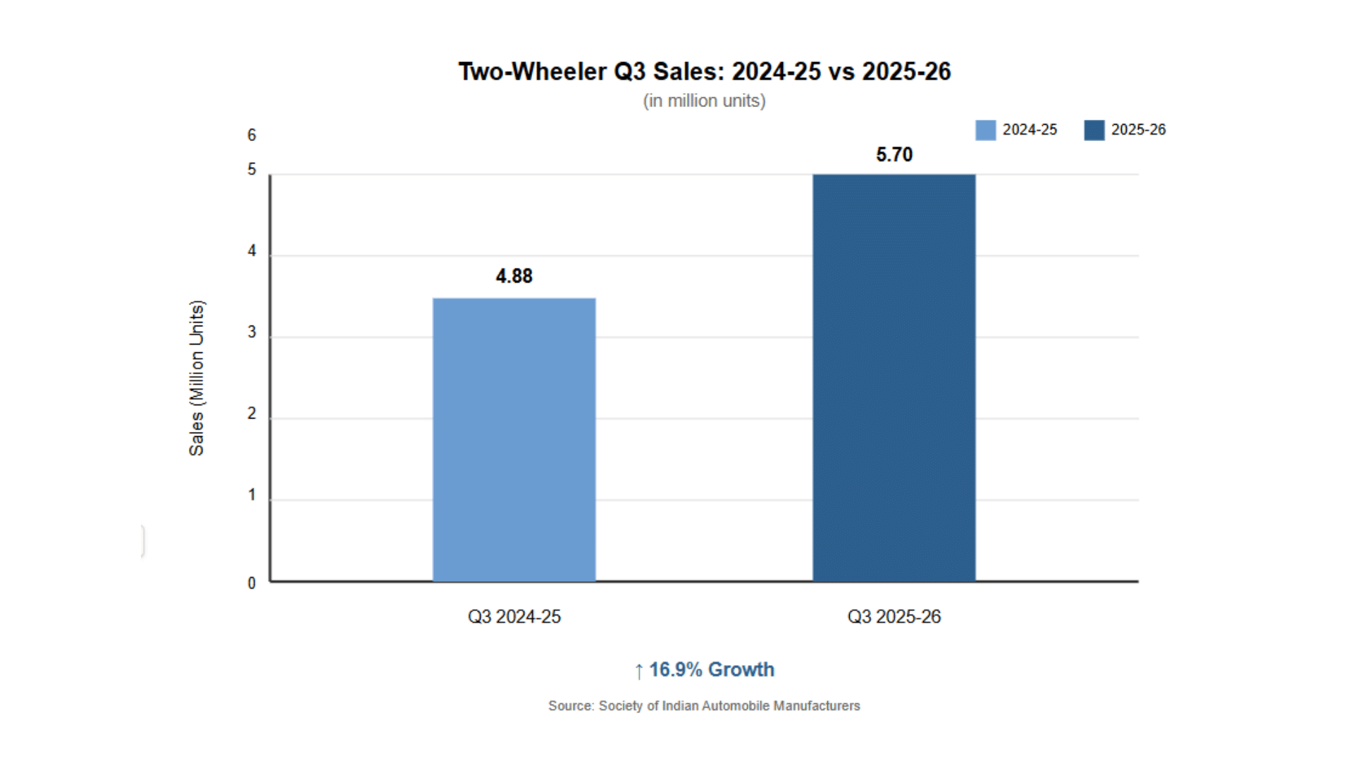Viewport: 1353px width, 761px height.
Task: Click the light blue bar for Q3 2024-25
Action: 514,440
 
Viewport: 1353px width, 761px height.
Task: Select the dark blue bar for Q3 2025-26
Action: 894,378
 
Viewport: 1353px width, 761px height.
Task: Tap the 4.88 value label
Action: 514,276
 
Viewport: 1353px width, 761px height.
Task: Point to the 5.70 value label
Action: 894,155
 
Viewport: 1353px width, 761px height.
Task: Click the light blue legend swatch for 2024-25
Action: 985,130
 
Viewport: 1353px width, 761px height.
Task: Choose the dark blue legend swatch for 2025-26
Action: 1094,130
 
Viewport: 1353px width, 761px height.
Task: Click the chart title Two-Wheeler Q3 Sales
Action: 704,72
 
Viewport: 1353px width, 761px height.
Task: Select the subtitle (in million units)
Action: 704,101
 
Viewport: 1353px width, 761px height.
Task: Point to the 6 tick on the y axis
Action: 252,135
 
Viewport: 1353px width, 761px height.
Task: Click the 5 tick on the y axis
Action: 252,170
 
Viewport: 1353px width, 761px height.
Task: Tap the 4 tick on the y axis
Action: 252,252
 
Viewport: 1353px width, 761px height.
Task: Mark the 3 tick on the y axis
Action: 252,333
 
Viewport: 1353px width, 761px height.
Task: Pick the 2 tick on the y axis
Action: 252,414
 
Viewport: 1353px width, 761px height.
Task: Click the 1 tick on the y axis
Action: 252,495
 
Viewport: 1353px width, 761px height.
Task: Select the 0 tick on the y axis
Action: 252,583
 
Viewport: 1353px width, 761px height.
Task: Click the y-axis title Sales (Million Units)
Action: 197,378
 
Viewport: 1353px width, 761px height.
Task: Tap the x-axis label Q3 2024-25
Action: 514,617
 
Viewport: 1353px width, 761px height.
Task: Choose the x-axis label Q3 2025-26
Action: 894,617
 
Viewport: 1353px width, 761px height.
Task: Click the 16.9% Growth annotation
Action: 704,670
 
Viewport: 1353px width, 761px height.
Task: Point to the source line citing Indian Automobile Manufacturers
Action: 704,706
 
